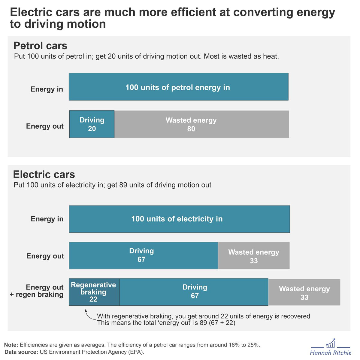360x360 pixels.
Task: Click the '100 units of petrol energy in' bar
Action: pos(178,87)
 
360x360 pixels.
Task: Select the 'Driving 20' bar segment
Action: pos(92,124)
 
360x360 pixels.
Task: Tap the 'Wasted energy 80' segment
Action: pos(201,124)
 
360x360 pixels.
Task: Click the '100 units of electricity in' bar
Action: pos(179,219)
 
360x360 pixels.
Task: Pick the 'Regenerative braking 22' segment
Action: pos(94,292)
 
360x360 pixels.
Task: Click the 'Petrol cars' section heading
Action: pos(40,46)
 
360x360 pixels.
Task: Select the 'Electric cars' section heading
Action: pos(44,175)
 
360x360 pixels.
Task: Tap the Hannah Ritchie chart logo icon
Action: pos(331,344)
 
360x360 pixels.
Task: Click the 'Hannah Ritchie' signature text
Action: pos(331,353)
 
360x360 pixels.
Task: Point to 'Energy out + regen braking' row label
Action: pos(37,291)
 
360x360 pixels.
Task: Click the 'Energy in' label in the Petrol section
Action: pos(47,89)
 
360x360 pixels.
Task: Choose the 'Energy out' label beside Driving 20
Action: pos(45,126)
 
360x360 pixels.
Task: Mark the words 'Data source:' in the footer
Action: pos(21,352)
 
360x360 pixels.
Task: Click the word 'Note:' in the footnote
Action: pos(11,345)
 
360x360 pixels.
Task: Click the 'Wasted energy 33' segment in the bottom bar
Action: pos(304,292)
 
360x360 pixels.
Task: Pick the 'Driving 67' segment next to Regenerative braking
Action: pos(194,292)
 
